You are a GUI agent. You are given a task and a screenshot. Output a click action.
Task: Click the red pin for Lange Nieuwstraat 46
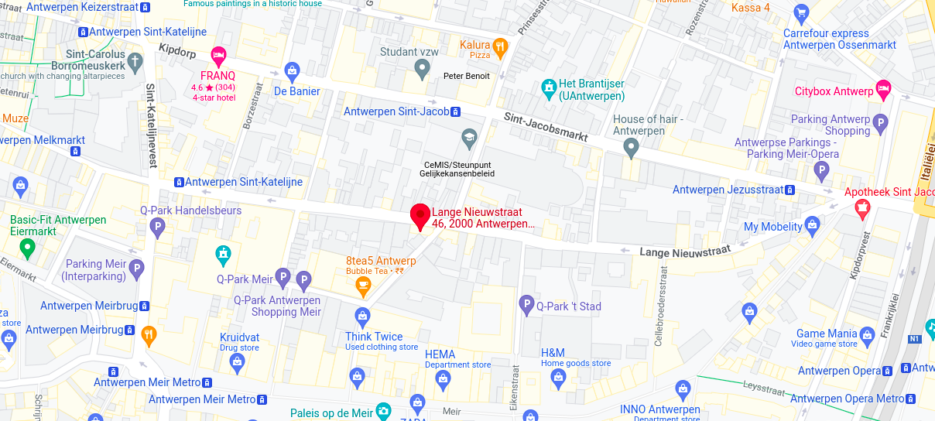420,216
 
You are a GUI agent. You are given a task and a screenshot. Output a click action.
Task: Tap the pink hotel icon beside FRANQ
218,54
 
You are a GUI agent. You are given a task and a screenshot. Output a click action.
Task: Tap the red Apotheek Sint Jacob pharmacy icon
861,209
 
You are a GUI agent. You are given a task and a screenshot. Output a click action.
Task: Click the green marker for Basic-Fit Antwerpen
28,248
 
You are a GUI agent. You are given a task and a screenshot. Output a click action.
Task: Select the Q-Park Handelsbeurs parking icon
158,227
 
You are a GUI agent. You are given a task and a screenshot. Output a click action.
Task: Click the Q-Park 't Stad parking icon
526,305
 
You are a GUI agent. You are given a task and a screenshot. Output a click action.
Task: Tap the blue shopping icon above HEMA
442,378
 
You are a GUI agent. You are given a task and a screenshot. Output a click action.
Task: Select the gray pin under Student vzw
422,70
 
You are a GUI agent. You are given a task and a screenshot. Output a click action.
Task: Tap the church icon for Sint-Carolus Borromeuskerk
135,60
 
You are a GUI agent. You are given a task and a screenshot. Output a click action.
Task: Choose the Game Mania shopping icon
866,334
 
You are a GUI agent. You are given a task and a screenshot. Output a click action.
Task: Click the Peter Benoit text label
466,76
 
